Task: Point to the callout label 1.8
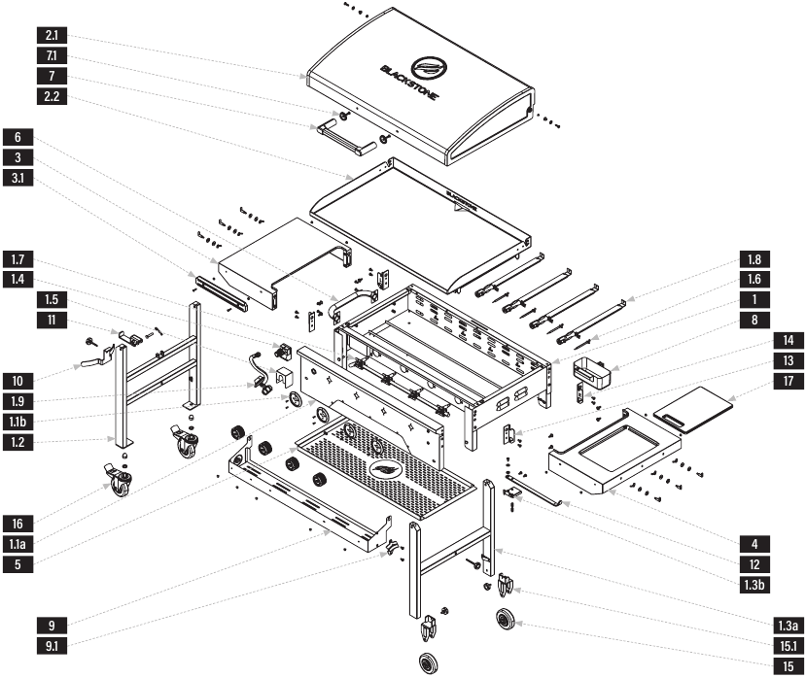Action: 754,259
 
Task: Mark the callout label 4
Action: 754,543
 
